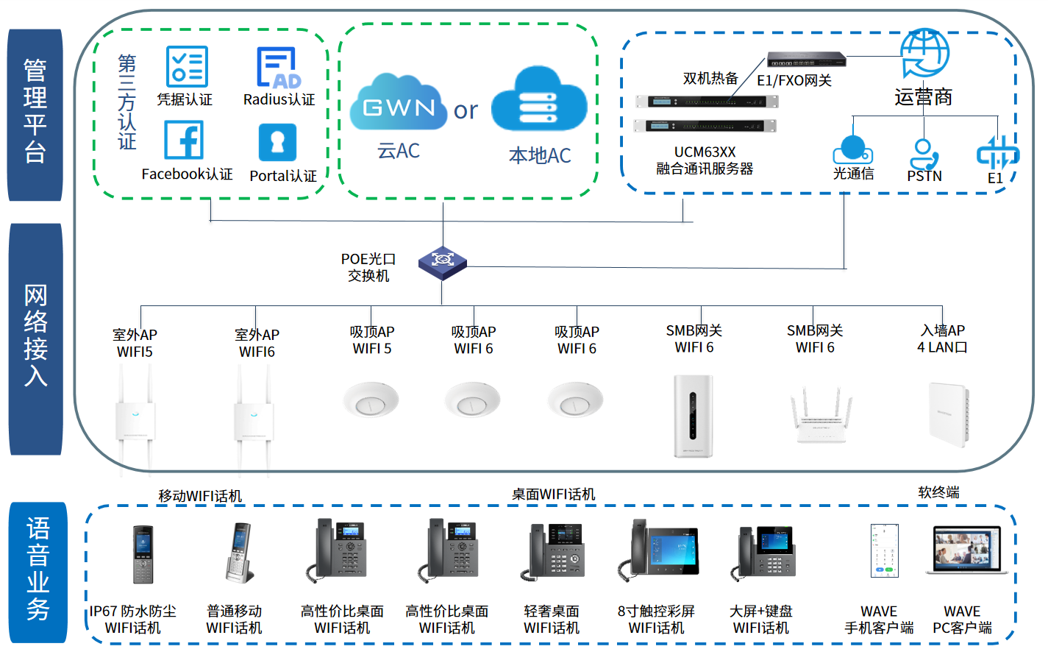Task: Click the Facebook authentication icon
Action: click(184, 140)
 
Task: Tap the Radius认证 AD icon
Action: click(278, 68)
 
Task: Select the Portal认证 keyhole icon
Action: click(277, 142)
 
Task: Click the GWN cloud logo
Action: click(399, 104)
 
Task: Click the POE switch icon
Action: click(442, 262)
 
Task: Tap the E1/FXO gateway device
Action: click(806, 59)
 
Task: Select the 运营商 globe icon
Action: click(924, 53)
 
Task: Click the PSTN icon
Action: click(924, 154)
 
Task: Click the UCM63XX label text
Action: click(705, 152)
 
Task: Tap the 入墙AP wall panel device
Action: click(949, 415)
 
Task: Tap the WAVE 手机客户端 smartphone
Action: click(883, 550)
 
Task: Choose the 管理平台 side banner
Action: click(35, 115)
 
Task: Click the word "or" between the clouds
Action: click(466, 110)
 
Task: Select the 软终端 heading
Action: click(938, 492)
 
